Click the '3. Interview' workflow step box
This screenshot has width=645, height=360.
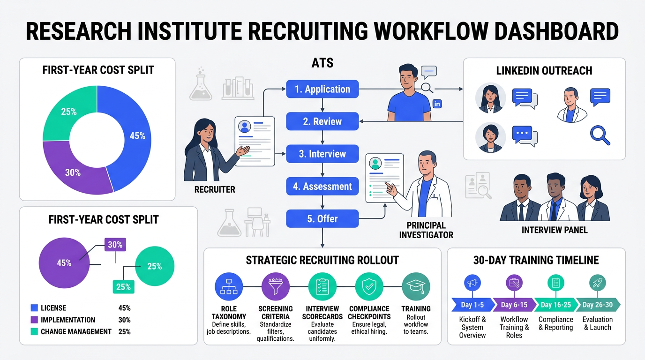322,154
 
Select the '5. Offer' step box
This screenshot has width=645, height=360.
322,218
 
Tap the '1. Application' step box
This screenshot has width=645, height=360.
322,89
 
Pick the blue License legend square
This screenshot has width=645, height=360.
34,308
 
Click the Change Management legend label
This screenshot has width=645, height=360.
76,331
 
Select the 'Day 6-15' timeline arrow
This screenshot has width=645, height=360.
514,305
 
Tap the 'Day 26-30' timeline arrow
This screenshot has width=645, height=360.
597,305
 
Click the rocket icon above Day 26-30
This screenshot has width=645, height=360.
597,283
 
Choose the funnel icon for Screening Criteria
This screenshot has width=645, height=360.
275,286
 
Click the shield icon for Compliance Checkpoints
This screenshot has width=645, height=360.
369,286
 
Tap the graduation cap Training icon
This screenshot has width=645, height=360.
416,286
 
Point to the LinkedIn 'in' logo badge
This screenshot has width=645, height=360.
437,104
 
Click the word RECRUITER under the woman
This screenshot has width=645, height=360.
215,190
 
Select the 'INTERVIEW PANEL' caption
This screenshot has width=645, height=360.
555,230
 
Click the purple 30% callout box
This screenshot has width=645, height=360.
115,245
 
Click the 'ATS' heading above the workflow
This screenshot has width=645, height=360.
322,63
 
